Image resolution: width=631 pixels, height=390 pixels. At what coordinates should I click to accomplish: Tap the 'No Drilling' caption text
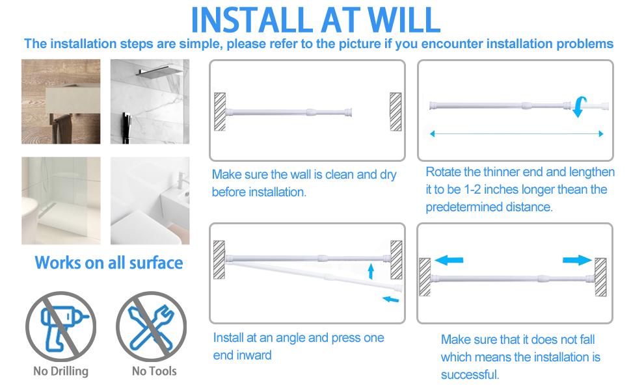click(60, 371)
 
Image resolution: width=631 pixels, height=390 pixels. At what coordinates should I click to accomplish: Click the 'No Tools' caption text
click(154, 371)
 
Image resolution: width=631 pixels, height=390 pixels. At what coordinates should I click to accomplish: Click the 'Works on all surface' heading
click(109, 263)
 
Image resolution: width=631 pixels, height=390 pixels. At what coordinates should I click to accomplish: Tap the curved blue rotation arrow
click(578, 106)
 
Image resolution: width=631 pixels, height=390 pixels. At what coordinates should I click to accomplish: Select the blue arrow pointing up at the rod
click(371, 270)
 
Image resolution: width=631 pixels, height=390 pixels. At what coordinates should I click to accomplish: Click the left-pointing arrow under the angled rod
click(390, 299)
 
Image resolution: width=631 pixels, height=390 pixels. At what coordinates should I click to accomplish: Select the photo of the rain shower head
click(150, 101)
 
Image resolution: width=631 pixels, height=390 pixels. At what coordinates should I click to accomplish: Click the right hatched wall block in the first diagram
click(395, 112)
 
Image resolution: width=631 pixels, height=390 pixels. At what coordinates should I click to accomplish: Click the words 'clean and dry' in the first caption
click(362, 174)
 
